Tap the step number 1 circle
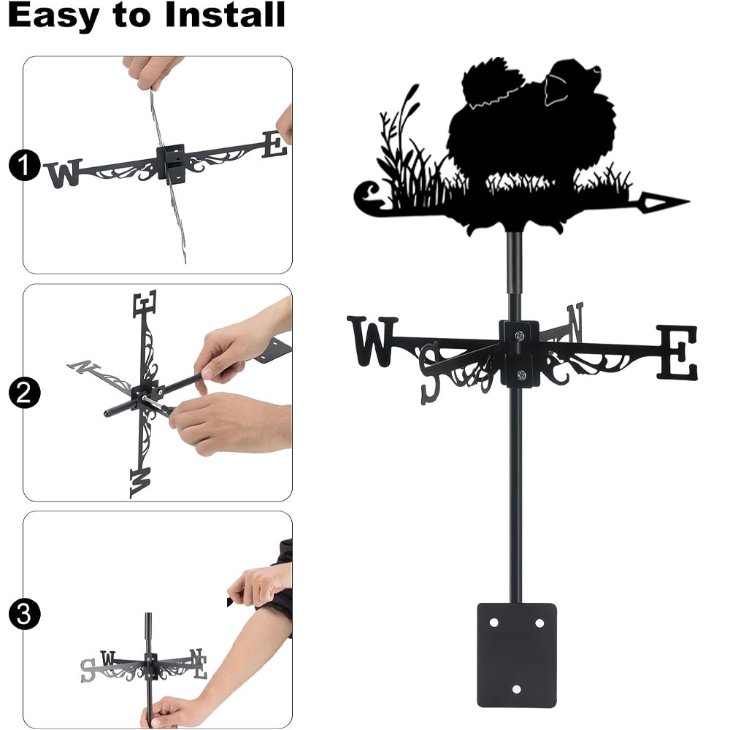coord(24,165)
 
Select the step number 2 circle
coord(24,393)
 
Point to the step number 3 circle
coord(24,614)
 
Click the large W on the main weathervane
coord(372,341)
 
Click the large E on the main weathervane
coord(677,352)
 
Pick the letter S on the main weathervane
coord(430,372)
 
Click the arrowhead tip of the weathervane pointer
coord(688,201)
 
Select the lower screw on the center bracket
coord(521,374)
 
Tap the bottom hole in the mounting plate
coord(516,688)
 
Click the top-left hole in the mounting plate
coord(493,622)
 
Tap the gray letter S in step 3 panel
coord(88,670)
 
